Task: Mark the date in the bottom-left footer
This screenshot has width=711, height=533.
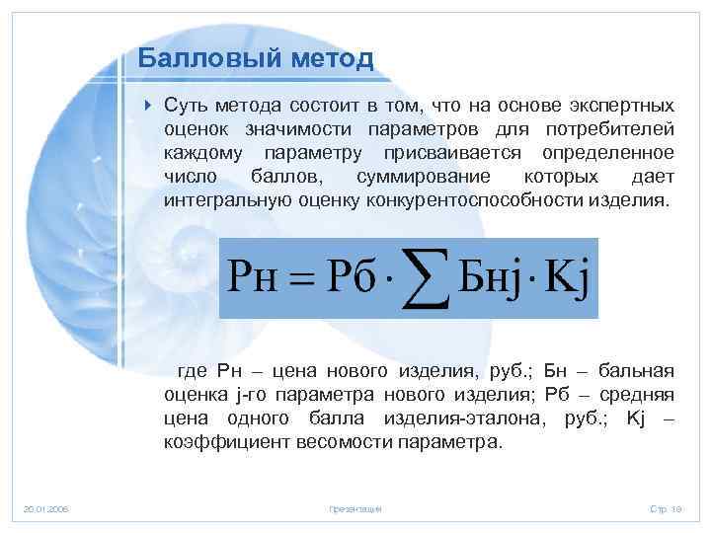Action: (45, 508)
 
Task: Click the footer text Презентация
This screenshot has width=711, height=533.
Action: (355, 508)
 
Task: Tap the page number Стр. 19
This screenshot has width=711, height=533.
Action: (666, 508)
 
